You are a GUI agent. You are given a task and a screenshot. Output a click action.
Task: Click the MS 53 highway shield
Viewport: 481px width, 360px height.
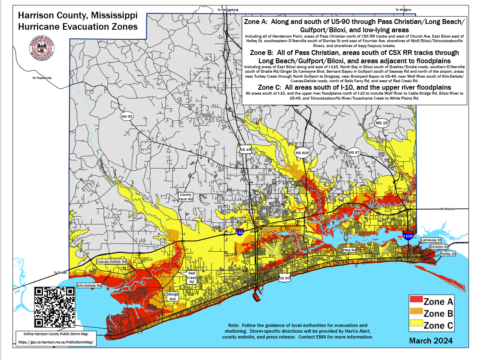point(127,117)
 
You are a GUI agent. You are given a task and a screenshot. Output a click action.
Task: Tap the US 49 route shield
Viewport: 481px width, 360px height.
point(245,150)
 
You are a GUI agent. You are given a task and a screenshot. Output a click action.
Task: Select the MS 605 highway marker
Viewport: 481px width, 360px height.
point(302,153)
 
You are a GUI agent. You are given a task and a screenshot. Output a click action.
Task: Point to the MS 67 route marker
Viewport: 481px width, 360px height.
point(354,153)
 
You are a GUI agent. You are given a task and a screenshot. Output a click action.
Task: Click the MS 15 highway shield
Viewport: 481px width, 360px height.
point(381,123)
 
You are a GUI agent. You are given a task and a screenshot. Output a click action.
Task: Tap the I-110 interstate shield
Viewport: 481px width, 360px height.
point(408,236)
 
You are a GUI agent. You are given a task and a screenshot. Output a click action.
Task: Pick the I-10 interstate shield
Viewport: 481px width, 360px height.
point(240,232)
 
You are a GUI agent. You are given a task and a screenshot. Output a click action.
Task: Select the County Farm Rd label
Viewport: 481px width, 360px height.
point(186,197)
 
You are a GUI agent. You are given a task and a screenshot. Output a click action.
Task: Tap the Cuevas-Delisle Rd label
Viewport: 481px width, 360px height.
point(111,262)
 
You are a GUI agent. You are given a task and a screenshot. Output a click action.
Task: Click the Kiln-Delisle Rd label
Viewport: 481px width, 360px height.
point(89,286)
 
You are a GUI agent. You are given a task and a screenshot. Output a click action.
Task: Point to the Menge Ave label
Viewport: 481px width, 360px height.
point(172,296)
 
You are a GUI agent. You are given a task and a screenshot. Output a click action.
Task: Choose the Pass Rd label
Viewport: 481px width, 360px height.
point(349,250)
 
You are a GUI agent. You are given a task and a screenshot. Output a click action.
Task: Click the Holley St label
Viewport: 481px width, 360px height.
point(448,253)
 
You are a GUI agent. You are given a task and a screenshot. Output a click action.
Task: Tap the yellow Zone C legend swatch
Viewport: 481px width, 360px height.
point(416,325)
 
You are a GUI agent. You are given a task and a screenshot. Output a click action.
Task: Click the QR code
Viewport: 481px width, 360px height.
point(55,307)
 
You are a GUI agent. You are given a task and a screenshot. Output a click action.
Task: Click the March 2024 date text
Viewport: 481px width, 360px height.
point(431,341)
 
